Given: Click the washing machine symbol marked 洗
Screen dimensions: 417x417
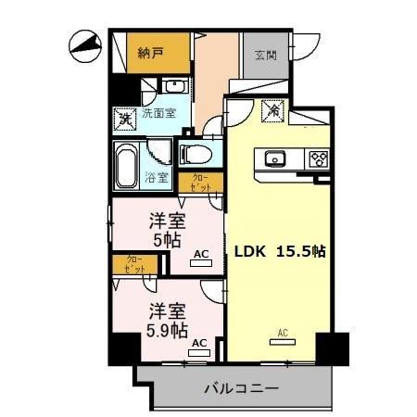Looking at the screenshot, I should [123, 119].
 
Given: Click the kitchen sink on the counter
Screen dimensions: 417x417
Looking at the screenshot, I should [276, 158].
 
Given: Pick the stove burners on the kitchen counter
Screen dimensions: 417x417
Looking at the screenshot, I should [318, 158].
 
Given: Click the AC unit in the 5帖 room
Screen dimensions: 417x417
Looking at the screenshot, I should [201, 261].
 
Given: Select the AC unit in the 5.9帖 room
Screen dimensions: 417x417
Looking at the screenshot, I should [198, 350].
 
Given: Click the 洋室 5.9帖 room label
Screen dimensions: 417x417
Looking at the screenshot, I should [168, 320].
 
